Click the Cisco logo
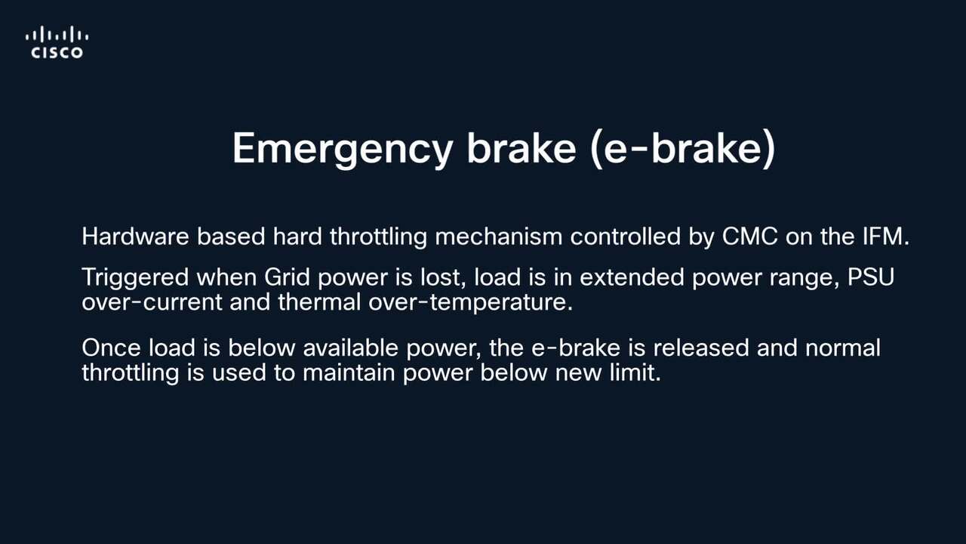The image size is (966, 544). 57,42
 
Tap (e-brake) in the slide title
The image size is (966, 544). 683,149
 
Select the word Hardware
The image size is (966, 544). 135,236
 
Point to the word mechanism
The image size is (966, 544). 499,236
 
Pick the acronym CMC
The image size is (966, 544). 750,236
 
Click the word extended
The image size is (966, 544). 632,277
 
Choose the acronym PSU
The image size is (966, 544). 871,277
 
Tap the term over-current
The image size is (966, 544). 152,301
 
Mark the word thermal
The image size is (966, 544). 319,301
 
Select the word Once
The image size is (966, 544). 111,348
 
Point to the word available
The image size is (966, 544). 351,348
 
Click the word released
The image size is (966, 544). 701,348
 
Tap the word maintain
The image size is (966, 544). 349,372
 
